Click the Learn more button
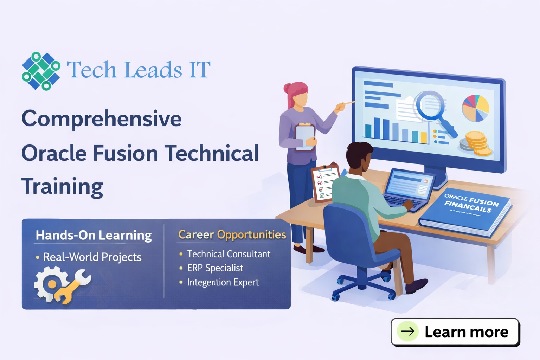point(455,332)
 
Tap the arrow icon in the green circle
point(408,331)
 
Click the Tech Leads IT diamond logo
point(41,71)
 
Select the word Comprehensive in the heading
point(102,119)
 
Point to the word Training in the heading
point(62,186)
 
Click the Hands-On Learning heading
point(94,235)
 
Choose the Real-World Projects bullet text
point(92,257)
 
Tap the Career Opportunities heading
point(232,234)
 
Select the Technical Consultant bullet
point(229,254)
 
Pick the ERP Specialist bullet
point(215,268)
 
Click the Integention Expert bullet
point(223,282)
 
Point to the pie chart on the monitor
point(475,108)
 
